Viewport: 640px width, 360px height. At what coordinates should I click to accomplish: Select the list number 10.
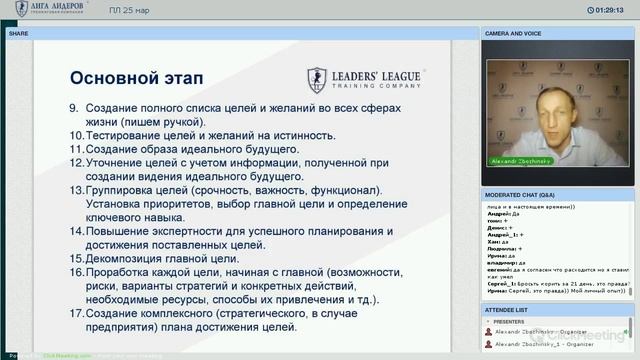[x=76, y=135]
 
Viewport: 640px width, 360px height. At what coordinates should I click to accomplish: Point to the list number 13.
[x=76, y=190]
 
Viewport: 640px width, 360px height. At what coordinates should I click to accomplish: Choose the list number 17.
[x=76, y=315]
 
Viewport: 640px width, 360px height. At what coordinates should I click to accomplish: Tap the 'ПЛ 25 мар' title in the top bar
[x=129, y=11]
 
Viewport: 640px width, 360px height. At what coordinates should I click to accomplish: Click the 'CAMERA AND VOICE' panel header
[x=514, y=32]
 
